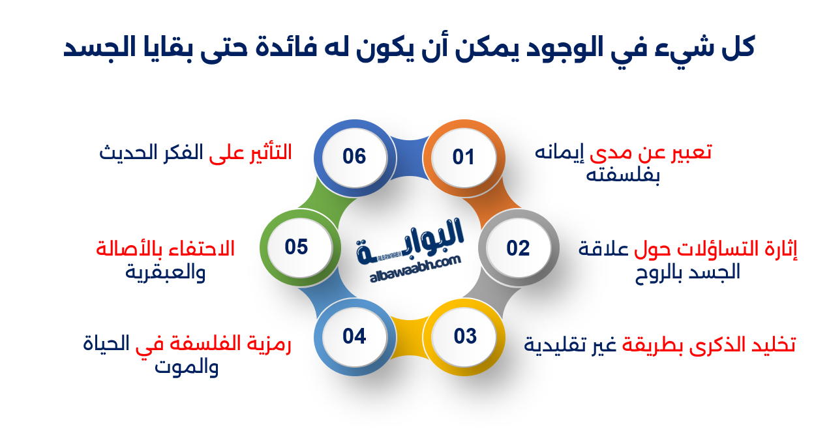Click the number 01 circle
[x=463, y=157]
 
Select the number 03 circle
[x=465, y=336]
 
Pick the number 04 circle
[x=354, y=336]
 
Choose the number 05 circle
[x=296, y=248]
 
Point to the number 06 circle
[x=354, y=156]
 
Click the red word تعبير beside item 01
[x=687, y=153]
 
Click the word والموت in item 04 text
[x=187, y=367]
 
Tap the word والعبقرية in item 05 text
[x=166, y=271]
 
